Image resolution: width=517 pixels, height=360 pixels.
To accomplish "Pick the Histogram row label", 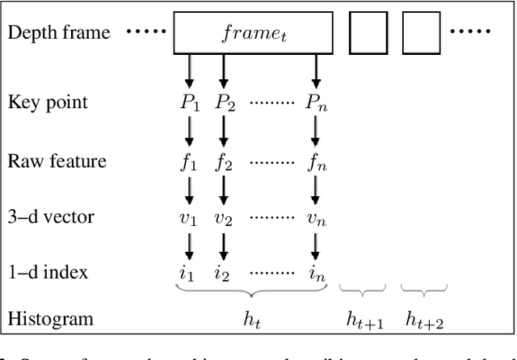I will coord(50,318).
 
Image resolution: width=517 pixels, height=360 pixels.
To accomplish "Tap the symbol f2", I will coord(224,161).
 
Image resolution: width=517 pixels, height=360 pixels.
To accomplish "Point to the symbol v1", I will coord(189,219).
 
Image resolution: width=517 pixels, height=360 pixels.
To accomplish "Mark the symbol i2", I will coord(224,274).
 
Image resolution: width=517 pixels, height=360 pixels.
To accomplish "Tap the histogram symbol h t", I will coord(253,318).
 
